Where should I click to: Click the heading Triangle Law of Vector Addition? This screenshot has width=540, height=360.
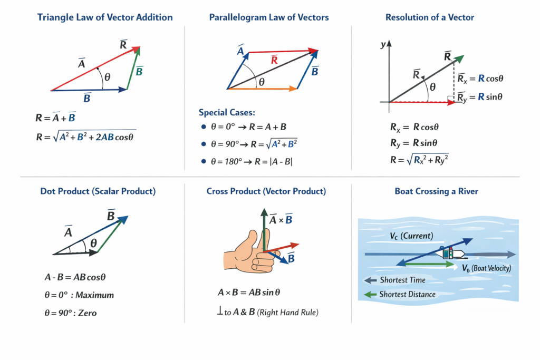click(x=105, y=17)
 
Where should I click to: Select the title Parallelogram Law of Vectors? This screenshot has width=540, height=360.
click(x=269, y=17)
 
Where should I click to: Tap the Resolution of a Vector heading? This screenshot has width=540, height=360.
click(x=430, y=17)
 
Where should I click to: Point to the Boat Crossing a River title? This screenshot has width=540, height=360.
click(x=436, y=191)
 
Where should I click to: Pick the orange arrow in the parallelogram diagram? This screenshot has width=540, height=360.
click(x=262, y=90)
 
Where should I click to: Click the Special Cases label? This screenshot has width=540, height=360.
click(x=227, y=112)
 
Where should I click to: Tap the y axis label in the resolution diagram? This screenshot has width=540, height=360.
click(x=383, y=45)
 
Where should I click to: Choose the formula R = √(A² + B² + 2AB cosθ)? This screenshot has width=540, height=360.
click(x=85, y=138)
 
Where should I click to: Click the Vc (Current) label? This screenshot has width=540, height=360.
click(x=411, y=236)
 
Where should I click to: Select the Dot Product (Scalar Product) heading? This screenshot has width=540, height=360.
click(x=98, y=191)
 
